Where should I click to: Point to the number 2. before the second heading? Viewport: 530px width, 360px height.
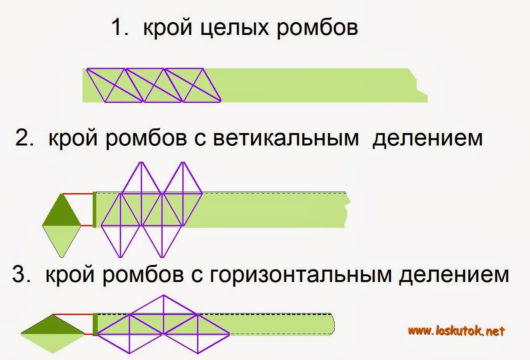coord(24,138)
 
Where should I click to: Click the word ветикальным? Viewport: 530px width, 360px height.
coord(286,138)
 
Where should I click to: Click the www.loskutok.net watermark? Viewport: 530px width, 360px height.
coord(456,331)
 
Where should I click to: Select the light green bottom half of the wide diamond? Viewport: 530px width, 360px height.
coord(53,341)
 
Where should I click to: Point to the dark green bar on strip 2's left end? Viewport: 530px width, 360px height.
coord(94,209)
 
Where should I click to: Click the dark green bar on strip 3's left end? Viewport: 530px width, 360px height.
coord(95,324)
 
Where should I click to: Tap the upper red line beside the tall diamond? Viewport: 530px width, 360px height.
coord(78,193)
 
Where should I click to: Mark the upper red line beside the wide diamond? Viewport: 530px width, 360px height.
coord(73,314)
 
